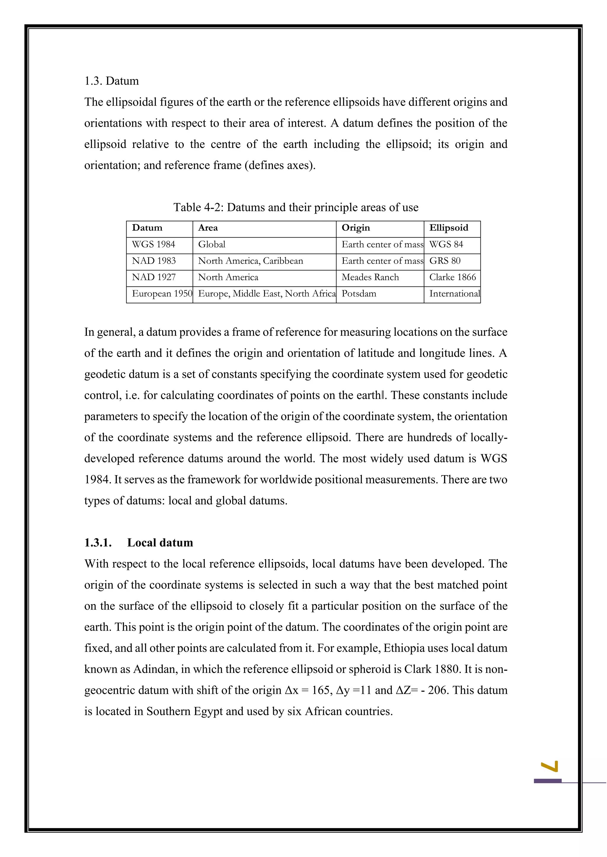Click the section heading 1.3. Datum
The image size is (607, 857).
[111, 81]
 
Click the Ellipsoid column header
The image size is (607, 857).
[448, 228]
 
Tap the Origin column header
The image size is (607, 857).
[355, 228]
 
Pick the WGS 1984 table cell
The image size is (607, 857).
[153, 244]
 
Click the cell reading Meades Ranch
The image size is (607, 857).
[370, 277]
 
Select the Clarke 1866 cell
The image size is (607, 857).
[452, 277]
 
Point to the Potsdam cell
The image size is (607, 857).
[359, 294]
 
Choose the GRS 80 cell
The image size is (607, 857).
[445, 261]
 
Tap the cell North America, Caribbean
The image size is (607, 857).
[250, 261]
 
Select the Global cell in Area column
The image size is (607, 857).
[212, 244]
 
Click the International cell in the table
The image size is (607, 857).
[454, 294]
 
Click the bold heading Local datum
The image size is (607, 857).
[160, 543]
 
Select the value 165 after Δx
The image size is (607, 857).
[320, 690]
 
